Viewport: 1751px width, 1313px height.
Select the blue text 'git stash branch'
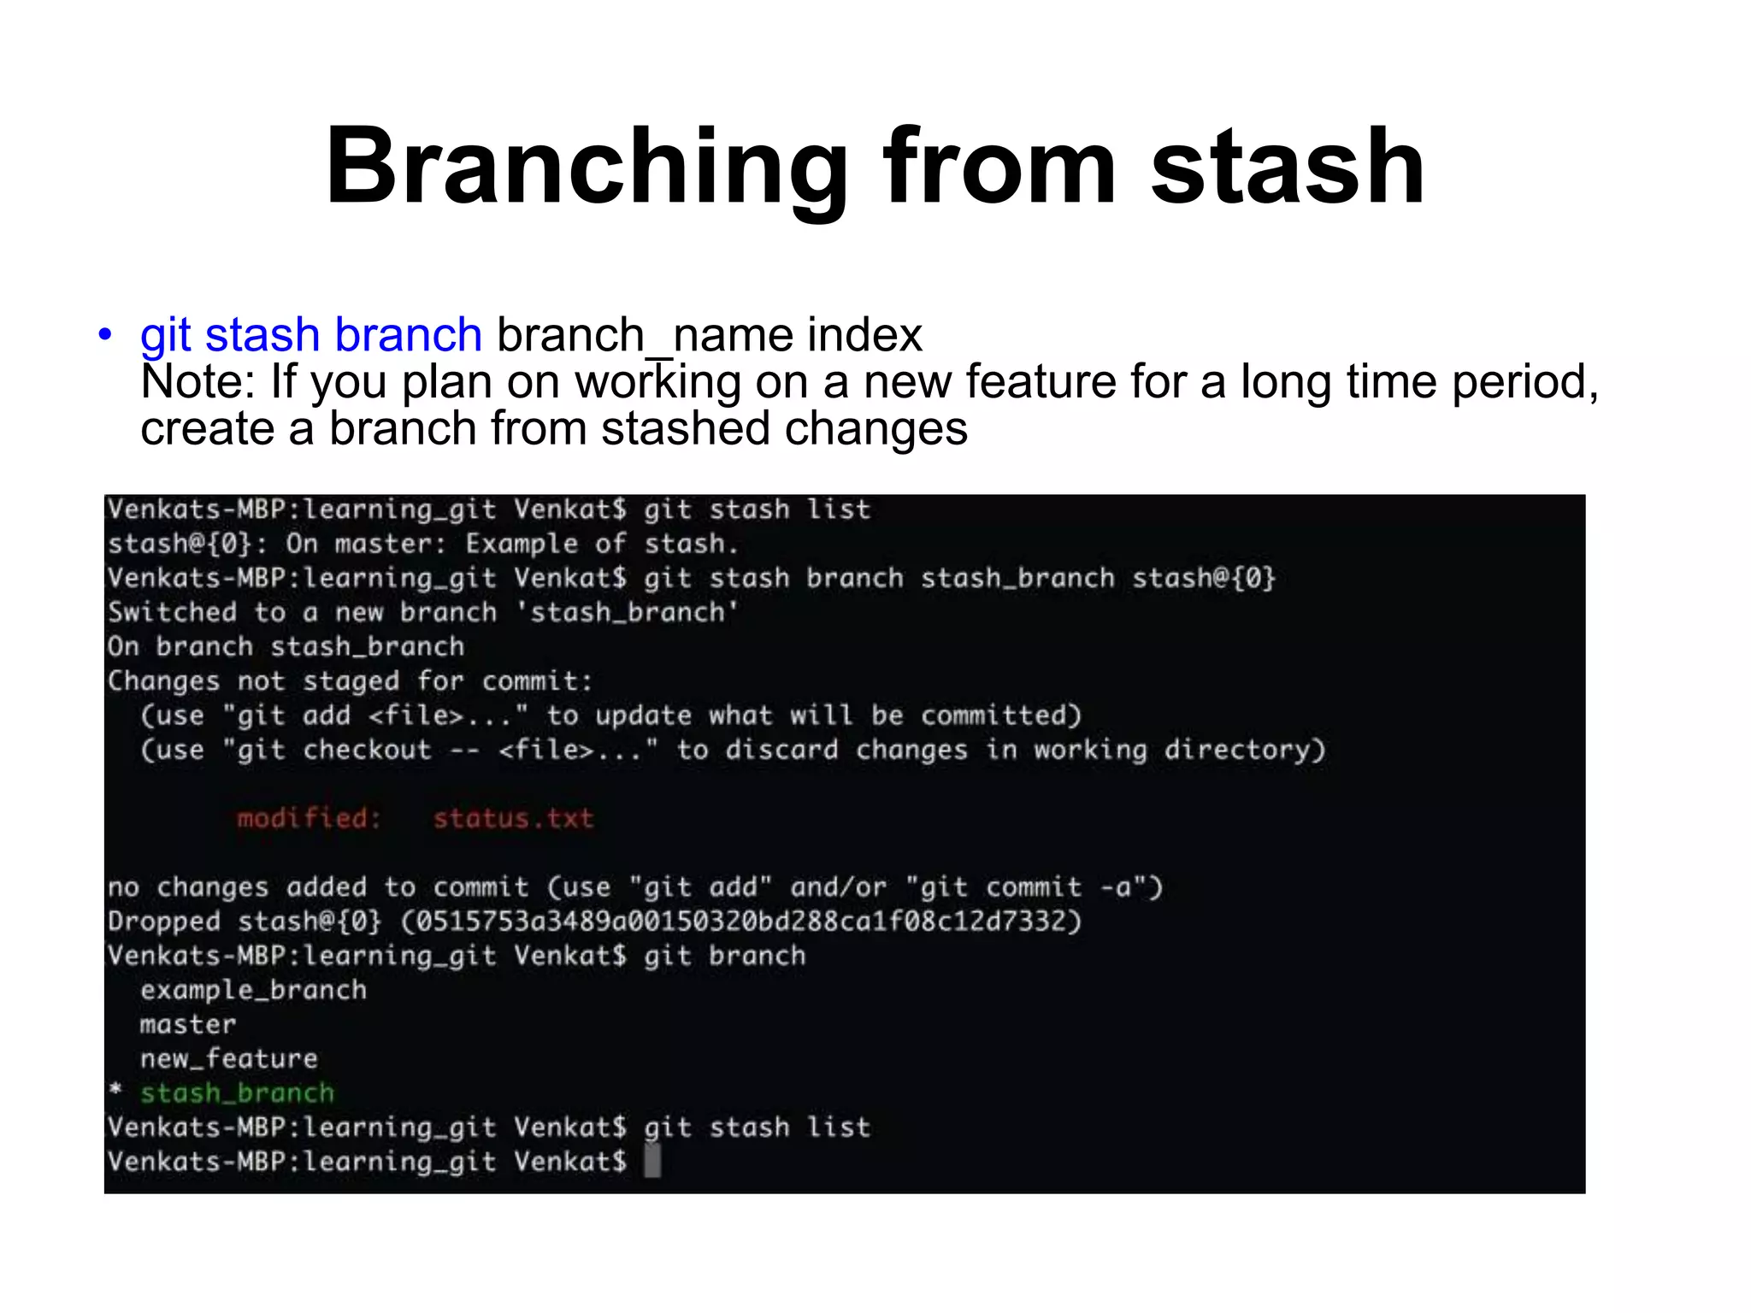311,334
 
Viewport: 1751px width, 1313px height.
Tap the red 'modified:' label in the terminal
308,818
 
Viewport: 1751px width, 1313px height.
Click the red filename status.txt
513,818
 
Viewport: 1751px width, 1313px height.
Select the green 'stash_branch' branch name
237,1092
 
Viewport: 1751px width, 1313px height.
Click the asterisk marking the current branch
115,1091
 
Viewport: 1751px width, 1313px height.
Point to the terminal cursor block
652,1161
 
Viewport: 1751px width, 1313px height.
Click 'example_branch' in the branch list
253,990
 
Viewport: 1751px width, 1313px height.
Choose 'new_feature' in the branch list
228,1058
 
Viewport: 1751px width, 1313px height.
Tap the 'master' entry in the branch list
187,1024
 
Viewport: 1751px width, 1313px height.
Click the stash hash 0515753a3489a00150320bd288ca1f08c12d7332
741,921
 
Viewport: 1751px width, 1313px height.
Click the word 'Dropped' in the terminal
163,921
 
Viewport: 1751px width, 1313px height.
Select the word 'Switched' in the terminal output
172,612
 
